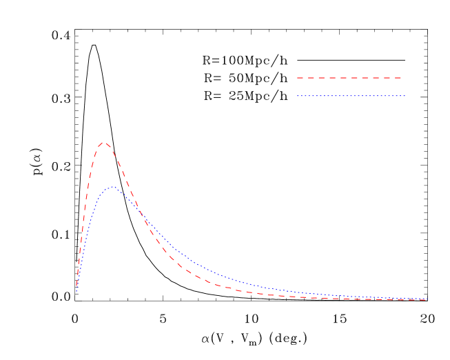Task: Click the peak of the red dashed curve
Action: tap(103, 142)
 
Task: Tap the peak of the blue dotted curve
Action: tap(111, 187)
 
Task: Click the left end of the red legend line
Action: tap(298, 78)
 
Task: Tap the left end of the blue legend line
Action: tap(298, 96)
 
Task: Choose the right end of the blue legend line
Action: tap(405, 96)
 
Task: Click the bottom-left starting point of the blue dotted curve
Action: tap(76, 292)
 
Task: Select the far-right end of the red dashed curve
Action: tap(426, 299)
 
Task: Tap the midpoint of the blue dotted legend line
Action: tap(351, 96)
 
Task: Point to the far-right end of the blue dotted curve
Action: tap(426, 299)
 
